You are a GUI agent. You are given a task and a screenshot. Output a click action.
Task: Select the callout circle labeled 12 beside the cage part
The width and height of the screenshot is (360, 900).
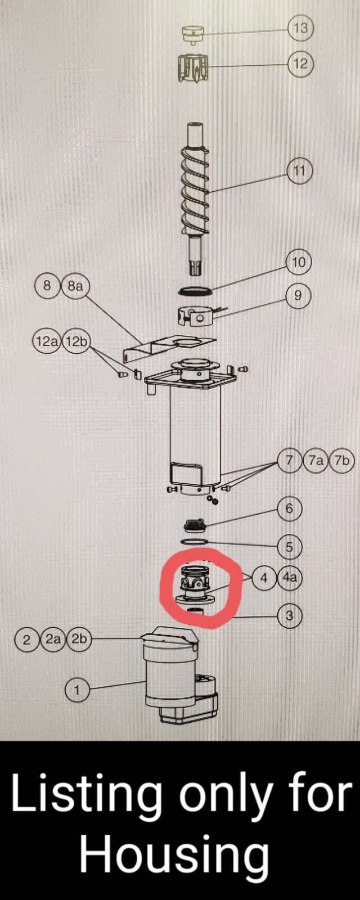[300, 64]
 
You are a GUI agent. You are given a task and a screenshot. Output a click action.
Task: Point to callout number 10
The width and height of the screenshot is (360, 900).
[299, 262]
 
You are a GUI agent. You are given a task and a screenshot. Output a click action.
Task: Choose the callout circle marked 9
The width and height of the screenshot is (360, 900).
[298, 296]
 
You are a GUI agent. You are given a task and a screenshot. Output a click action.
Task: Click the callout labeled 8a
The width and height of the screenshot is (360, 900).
[75, 286]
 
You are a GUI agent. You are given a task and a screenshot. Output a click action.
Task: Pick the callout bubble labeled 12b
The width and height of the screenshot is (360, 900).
[76, 342]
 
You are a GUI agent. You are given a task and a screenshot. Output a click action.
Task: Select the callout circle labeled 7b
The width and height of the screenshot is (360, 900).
[342, 461]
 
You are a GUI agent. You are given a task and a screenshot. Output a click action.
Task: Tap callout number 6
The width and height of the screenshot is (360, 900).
[289, 509]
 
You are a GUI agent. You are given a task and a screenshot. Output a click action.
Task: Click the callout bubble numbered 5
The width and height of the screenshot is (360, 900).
[289, 547]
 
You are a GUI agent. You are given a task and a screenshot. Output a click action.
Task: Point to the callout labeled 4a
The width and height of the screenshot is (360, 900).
[290, 578]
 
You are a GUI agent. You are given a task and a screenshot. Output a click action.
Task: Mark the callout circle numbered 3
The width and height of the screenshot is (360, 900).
[289, 615]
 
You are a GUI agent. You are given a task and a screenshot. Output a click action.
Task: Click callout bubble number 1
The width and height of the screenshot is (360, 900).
[77, 690]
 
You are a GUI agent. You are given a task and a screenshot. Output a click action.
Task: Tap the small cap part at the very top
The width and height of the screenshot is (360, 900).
[193, 33]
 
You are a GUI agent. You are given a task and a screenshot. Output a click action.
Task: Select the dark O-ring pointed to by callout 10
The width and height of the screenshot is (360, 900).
[195, 291]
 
